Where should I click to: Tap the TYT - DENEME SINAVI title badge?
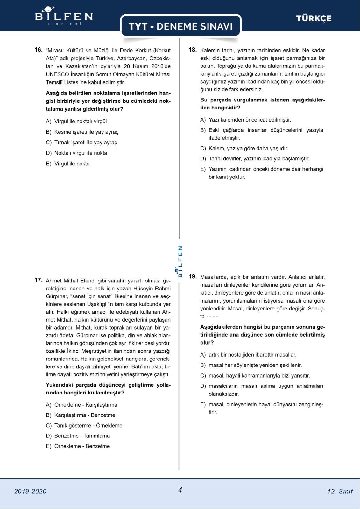(180, 26)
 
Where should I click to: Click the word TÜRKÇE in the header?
(314, 18)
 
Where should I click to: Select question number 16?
(38, 50)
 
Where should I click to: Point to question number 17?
(38, 280)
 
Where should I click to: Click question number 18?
(193, 50)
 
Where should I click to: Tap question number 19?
(193, 276)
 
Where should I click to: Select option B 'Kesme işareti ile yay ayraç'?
(82, 132)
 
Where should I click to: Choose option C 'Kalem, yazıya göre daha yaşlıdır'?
(244, 148)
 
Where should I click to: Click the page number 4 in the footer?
(180, 490)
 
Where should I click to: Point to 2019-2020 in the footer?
(30, 491)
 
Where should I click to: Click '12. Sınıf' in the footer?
(340, 491)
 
